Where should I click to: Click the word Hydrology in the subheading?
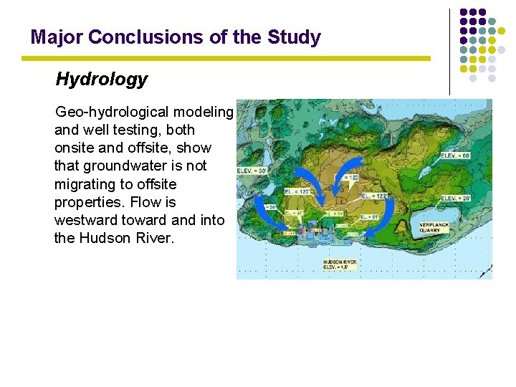pyautogui.click(x=101, y=80)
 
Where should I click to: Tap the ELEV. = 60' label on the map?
pyautogui.click(x=456, y=155)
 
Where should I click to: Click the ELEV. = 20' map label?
pyautogui.click(x=455, y=199)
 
